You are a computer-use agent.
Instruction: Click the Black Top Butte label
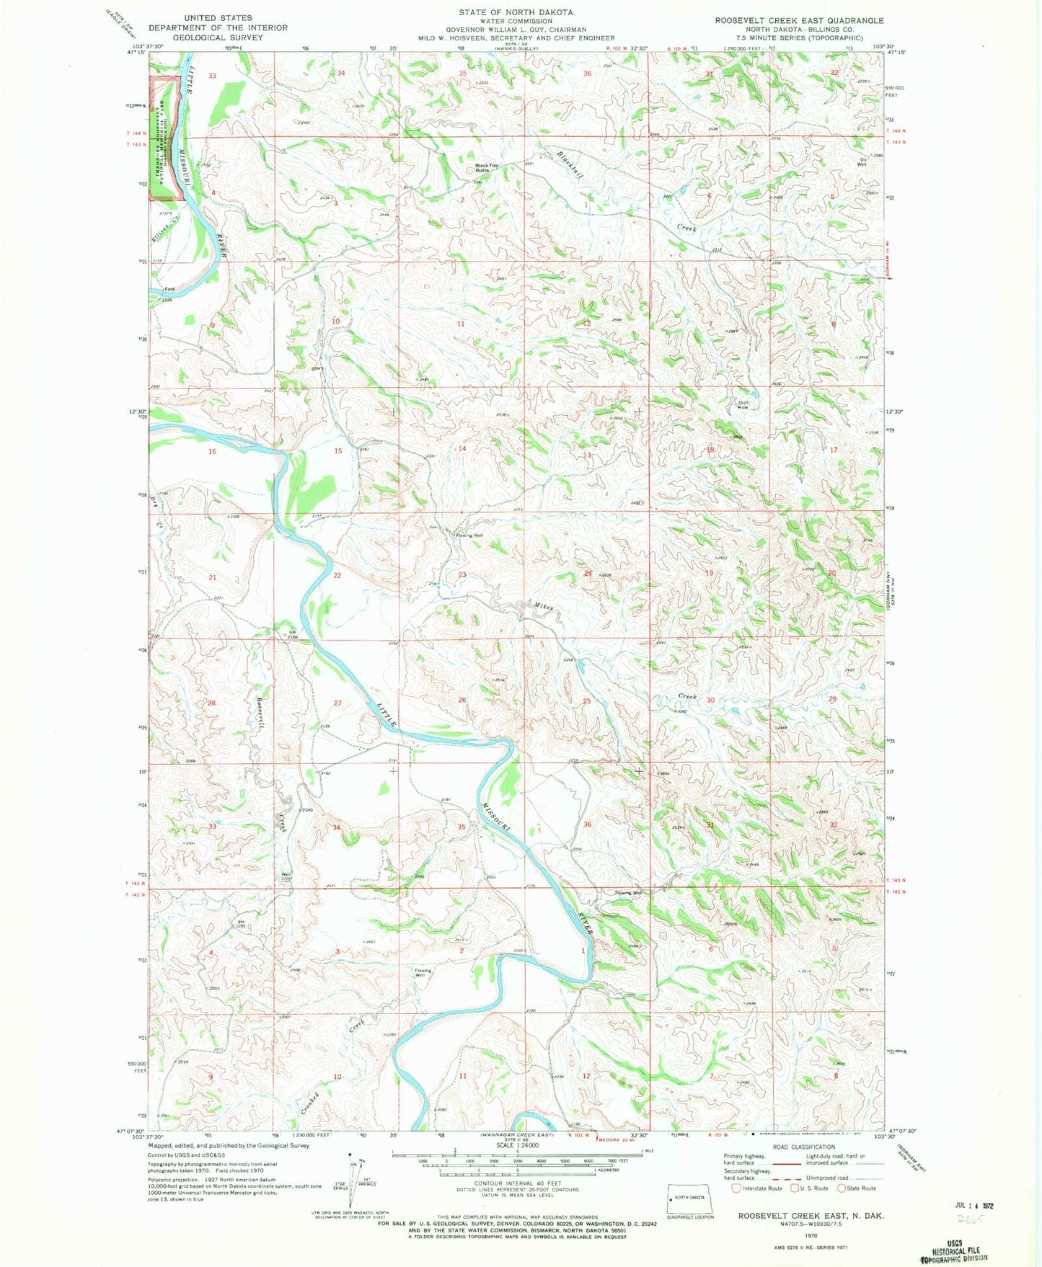486,168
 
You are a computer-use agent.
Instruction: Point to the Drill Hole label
743,405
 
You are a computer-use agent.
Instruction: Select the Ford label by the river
168,290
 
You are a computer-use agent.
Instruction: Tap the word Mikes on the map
544,607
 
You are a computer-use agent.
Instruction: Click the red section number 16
212,451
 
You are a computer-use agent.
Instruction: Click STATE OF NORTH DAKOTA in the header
516,12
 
